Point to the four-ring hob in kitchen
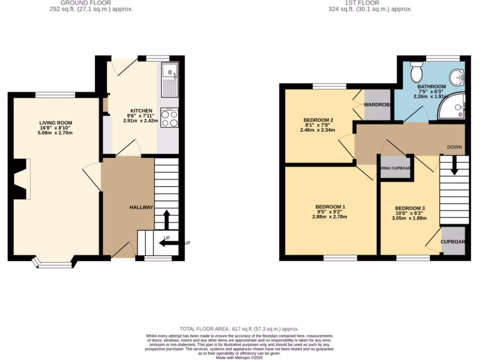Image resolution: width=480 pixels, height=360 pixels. pyautogui.click(x=169, y=117)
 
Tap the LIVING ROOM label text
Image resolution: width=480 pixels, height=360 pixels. pyautogui.click(x=55, y=123)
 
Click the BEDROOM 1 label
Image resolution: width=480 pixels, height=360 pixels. pyautogui.click(x=330, y=207)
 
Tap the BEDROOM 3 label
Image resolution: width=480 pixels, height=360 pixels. pyautogui.click(x=410, y=208)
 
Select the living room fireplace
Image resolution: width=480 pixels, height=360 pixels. pyautogui.click(x=22, y=179)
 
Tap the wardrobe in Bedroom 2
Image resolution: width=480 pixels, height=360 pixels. pyautogui.click(x=378, y=104)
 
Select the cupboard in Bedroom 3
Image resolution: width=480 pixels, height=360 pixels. pyautogui.click(x=453, y=241)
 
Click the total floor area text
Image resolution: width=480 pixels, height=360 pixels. pyautogui.click(x=239, y=329)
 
